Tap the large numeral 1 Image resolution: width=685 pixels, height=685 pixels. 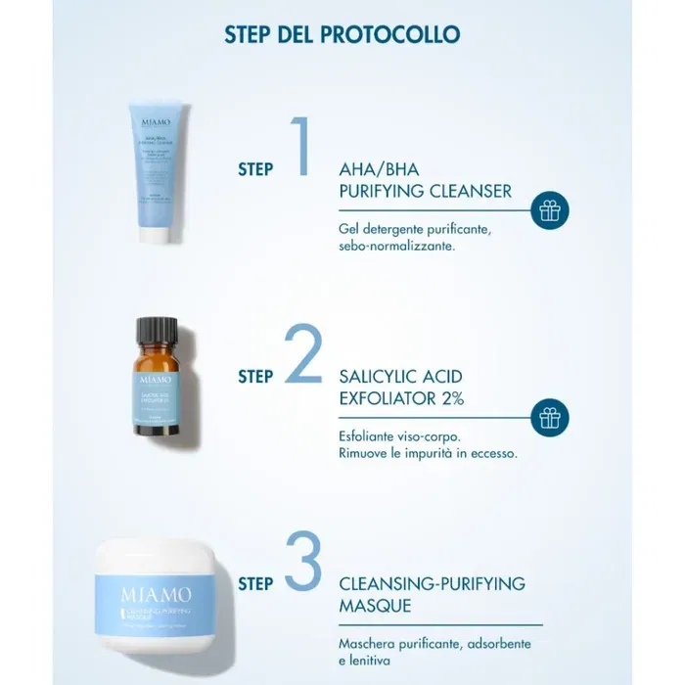(300, 147)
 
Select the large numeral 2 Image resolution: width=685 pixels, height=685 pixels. (301, 354)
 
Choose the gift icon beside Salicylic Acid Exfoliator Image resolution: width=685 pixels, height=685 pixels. (550, 418)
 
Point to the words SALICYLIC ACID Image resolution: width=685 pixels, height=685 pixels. (400, 377)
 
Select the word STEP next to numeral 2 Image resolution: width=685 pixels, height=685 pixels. (255, 376)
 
